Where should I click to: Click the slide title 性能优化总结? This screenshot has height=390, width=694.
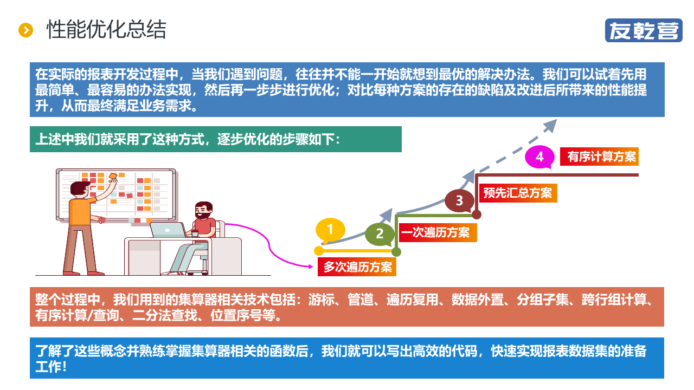[x=106, y=30]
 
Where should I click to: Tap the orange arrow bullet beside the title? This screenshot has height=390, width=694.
[x=26, y=30]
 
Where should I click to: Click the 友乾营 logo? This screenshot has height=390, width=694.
[x=644, y=30]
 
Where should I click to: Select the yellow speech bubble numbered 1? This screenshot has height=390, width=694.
[x=330, y=230]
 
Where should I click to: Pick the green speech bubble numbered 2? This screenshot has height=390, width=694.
[x=380, y=234]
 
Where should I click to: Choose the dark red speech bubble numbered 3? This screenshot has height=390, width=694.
[x=459, y=200]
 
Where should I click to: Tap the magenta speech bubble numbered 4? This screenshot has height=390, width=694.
[x=539, y=157]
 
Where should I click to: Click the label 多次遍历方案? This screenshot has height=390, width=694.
[x=357, y=267]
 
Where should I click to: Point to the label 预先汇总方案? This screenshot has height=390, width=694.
[x=518, y=193]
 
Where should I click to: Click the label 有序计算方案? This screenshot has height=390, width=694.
[x=602, y=157]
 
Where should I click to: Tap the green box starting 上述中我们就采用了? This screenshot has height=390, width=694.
[x=216, y=139]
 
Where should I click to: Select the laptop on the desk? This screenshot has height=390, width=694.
[x=168, y=230]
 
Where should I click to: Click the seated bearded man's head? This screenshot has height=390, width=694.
[x=203, y=210]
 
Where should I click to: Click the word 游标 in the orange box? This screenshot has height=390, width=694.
[x=320, y=300]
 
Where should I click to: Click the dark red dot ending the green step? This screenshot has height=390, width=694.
[x=477, y=215]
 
